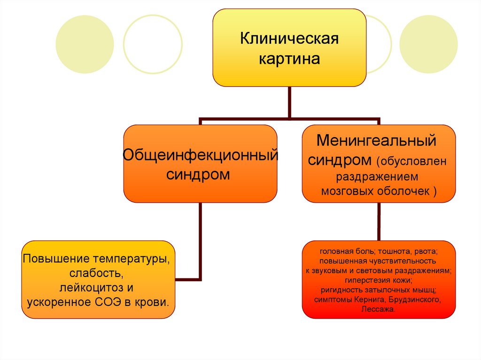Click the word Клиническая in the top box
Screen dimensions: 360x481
point(289,38)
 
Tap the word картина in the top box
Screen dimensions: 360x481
point(289,59)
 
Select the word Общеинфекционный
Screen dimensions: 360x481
point(200,154)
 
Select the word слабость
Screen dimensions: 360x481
point(97,273)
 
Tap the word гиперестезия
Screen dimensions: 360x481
point(364,280)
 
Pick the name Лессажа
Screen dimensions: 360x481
point(378,309)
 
